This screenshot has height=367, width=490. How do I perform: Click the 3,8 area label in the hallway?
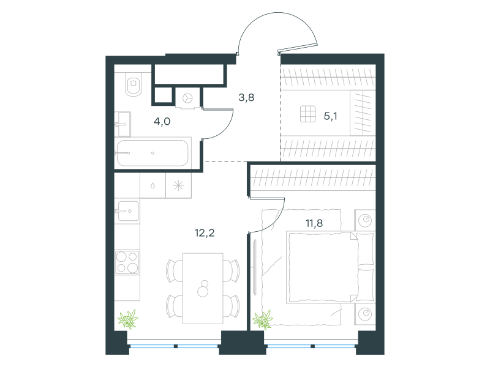(246, 98)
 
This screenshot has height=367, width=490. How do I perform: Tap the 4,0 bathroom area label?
(162, 121)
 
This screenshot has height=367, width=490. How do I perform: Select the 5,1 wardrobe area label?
(330, 116)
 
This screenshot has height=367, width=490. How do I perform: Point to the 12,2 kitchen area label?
(205, 233)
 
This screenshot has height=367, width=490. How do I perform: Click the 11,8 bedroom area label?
(314, 223)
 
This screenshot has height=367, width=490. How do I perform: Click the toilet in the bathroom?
(134, 84)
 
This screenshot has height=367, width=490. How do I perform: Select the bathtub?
(153, 153)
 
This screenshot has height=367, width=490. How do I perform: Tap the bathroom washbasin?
(123, 124)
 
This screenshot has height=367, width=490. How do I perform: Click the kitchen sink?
(127, 211)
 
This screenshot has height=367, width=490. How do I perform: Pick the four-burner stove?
(127, 262)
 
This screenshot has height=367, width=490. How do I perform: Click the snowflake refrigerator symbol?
(178, 186)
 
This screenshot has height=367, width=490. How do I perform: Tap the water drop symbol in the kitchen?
(153, 186)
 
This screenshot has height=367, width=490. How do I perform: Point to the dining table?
(203, 288)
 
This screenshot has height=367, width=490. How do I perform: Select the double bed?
(330, 267)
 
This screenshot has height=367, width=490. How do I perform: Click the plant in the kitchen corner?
(128, 319)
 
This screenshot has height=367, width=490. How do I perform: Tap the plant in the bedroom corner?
(263, 320)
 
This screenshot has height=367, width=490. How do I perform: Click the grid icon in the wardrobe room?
(308, 114)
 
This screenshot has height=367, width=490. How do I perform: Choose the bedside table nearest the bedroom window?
(364, 314)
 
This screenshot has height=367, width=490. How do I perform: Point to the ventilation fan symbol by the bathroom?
(187, 98)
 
